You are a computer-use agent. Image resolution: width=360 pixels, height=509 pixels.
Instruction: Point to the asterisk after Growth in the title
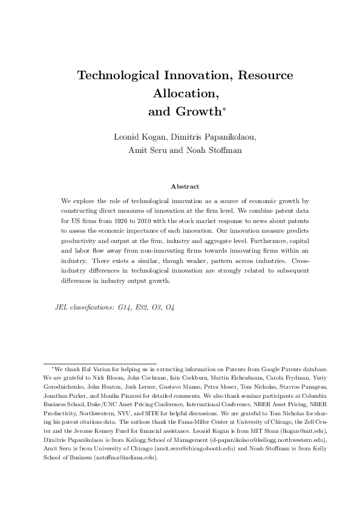click(x=224, y=109)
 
